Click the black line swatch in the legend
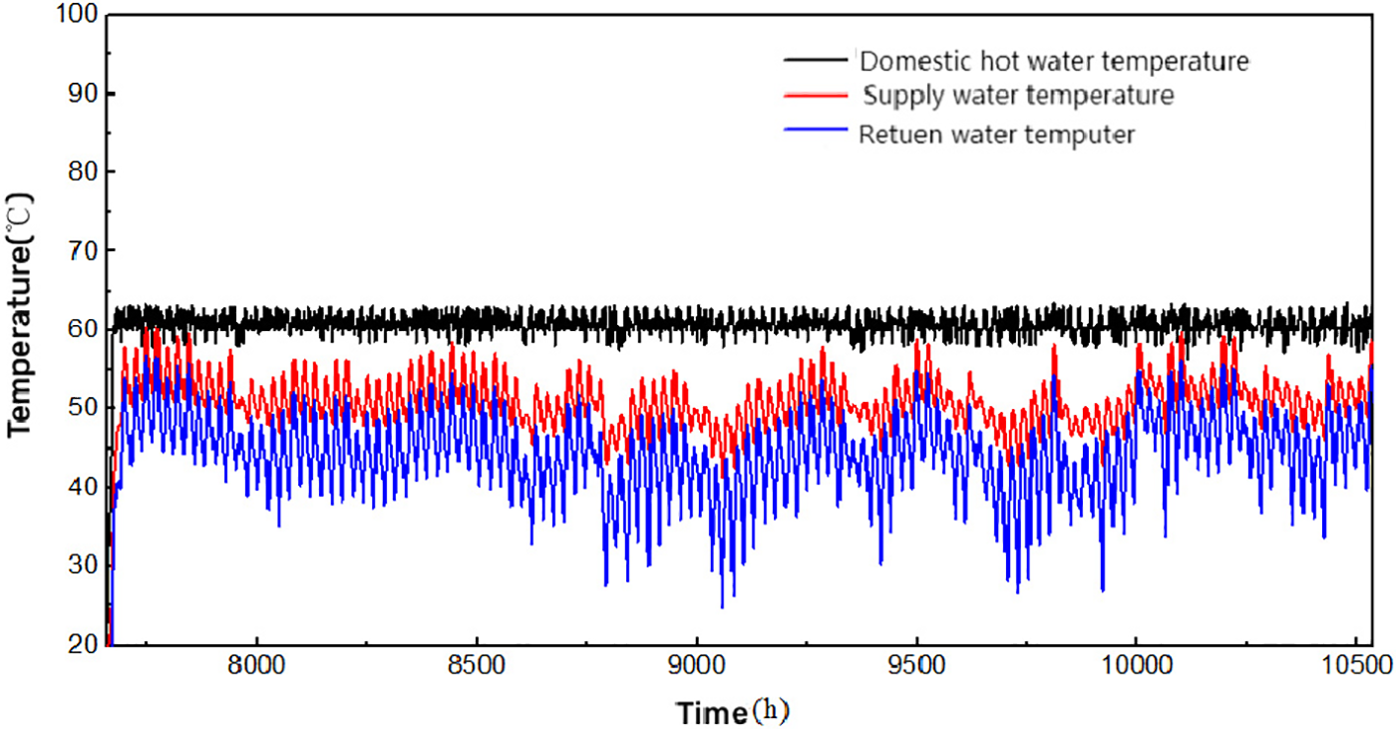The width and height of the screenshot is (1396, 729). coord(818,61)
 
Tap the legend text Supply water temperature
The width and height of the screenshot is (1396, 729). coord(1017,96)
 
